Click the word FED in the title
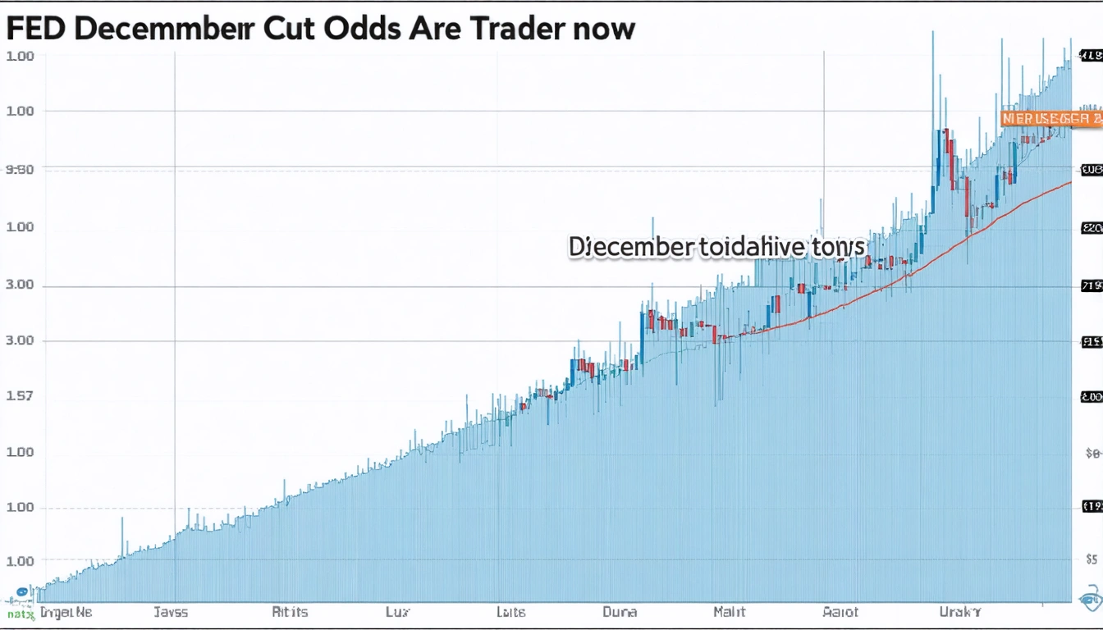point(39,29)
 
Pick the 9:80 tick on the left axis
point(20,170)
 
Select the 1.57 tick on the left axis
point(20,395)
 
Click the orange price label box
point(1051,119)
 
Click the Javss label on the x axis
point(171,612)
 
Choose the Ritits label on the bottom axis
point(290,612)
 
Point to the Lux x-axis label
point(397,612)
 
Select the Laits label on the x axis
point(510,612)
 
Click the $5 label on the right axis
point(1092,559)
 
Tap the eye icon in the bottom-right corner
point(1090,600)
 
